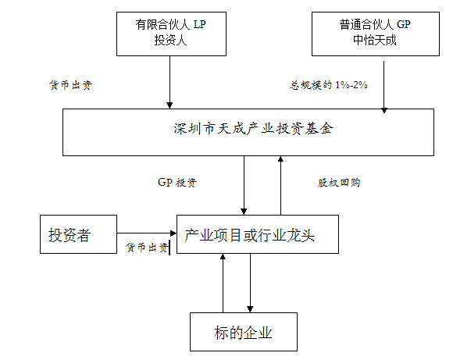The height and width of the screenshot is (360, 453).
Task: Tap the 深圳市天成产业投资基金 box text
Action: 253,128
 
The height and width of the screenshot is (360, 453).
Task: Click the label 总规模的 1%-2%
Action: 329,85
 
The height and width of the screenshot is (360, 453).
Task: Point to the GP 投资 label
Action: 177,183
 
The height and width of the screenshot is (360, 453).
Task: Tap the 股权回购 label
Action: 339,183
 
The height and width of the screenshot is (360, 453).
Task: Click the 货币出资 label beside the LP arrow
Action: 71,85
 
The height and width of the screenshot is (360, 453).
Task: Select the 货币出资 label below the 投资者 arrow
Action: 147,248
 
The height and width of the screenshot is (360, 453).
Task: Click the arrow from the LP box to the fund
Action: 170,82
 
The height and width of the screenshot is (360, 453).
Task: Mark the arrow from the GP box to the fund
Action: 384,87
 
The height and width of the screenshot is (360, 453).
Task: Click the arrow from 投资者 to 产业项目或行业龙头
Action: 147,233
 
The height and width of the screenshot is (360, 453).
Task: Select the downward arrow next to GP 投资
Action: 244,186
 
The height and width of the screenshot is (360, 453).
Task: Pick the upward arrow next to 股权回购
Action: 280,186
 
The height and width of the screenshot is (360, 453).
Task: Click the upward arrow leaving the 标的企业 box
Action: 223,283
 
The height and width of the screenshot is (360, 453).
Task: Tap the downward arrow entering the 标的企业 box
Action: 250,283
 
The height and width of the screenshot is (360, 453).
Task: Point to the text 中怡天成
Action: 375,40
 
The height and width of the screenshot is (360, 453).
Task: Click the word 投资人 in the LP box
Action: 170,40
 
